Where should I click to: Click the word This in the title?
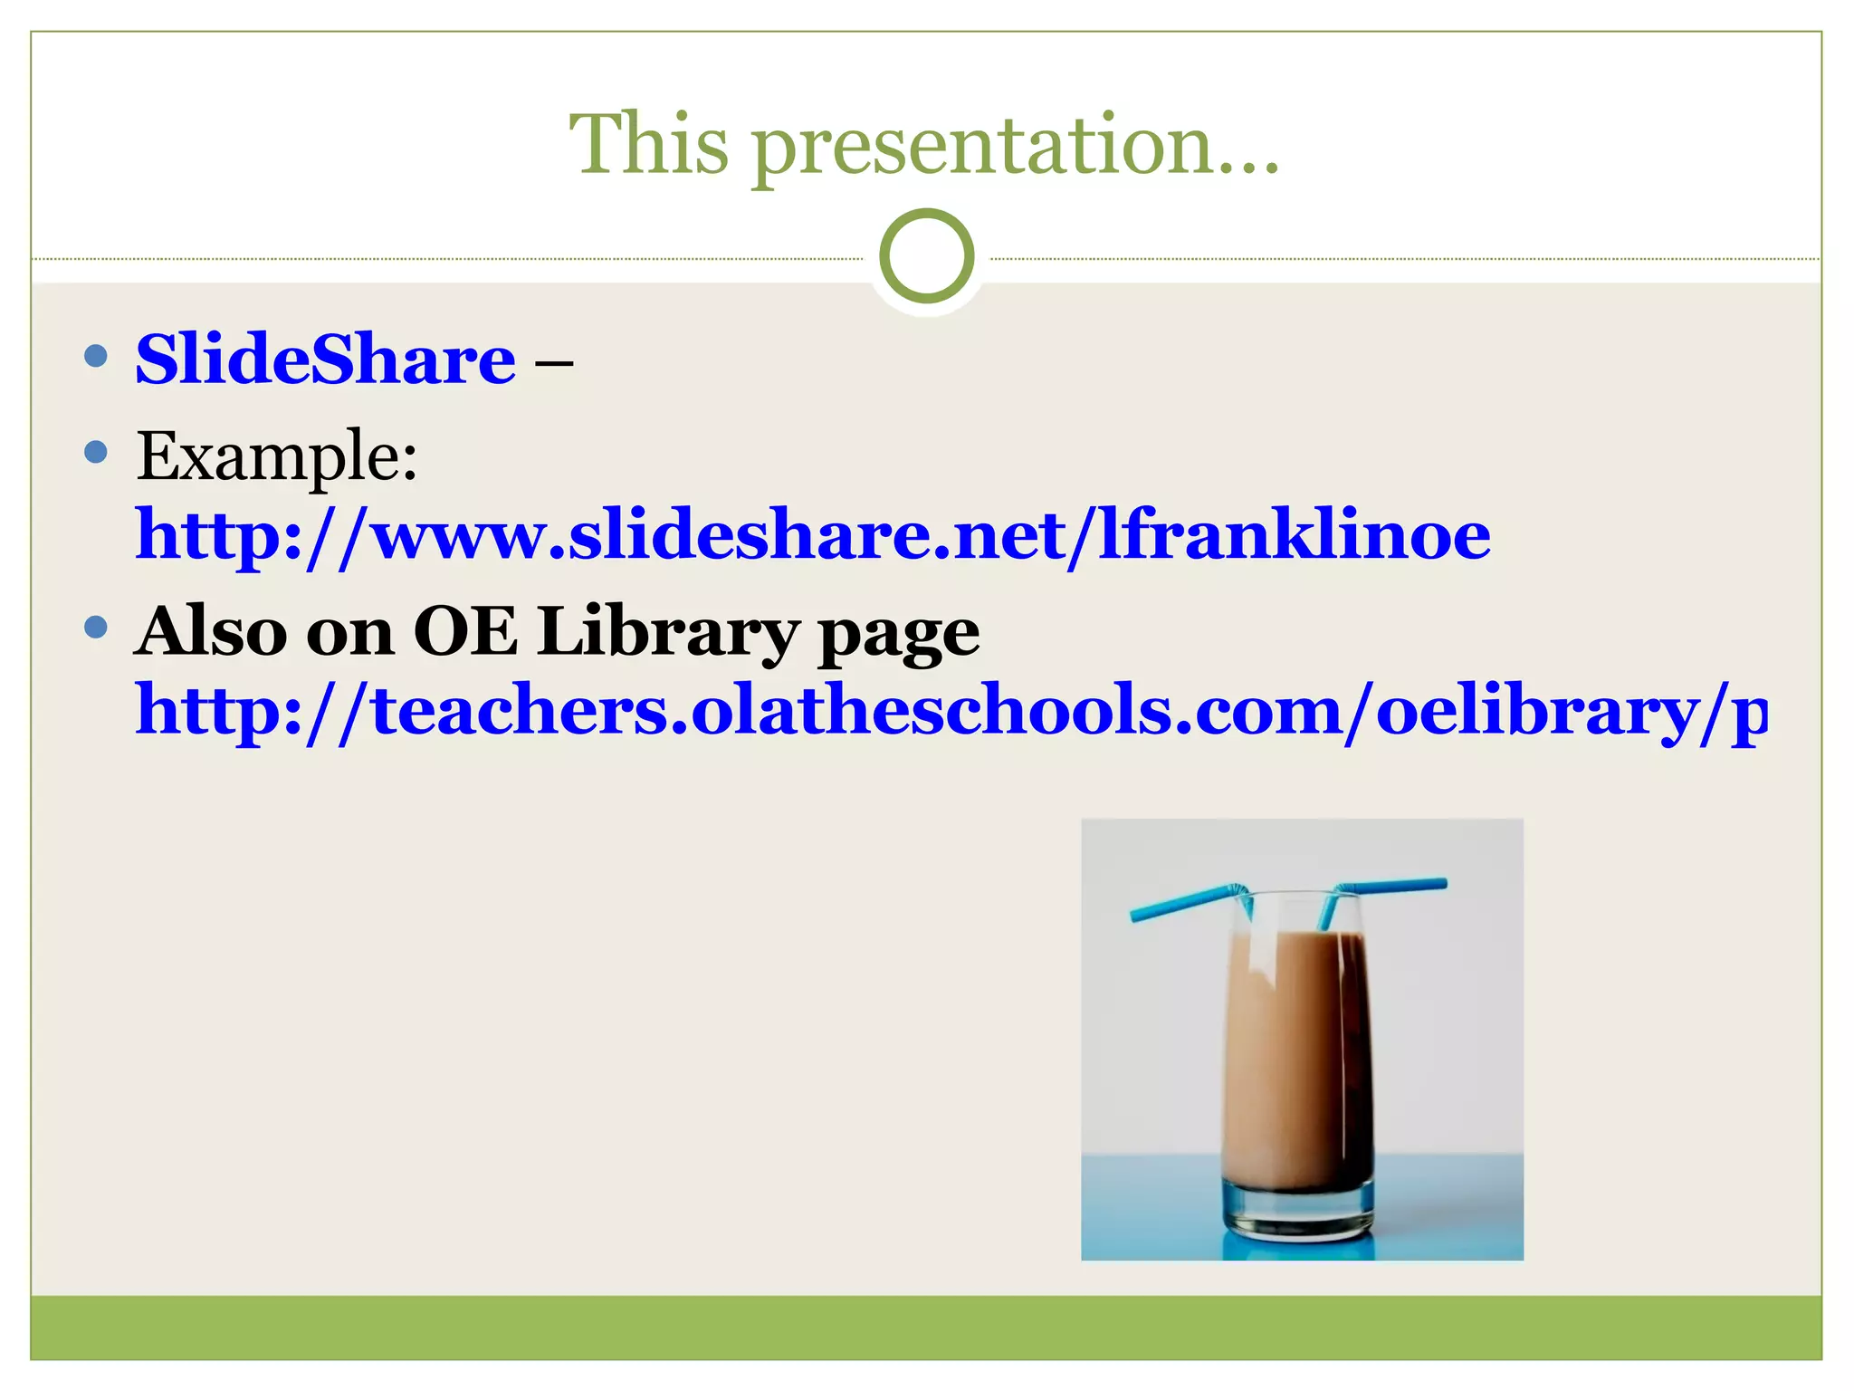coord(648,145)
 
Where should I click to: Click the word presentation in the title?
coord(982,149)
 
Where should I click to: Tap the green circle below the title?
coord(926,256)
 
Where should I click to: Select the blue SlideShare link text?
coord(325,360)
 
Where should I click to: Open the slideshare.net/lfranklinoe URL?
coord(812,536)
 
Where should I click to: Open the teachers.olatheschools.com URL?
coord(951,711)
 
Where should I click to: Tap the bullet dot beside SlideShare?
coord(95,355)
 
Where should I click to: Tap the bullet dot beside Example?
coord(95,451)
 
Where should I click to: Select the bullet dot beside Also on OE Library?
coord(95,627)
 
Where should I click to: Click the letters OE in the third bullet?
coord(465,631)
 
